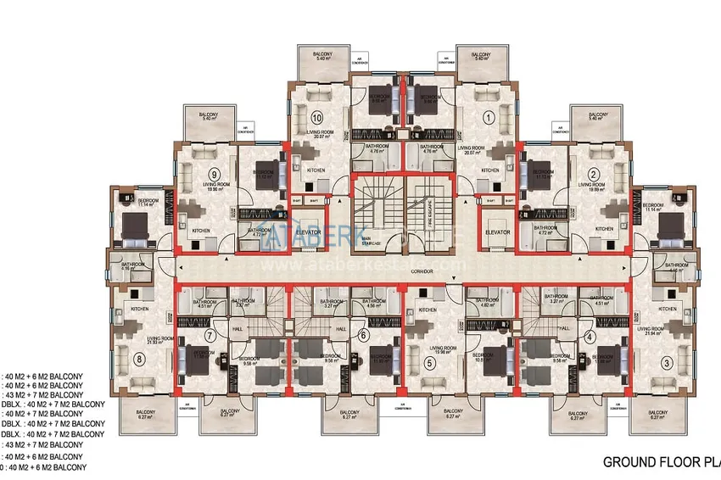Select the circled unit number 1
pyautogui.click(x=488, y=118)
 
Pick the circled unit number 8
pyautogui.click(x=140, y=358)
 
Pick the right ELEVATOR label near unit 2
pyautogui.click(x=497, y=232)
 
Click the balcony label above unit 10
pyautogui.click(x=316, y=56)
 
